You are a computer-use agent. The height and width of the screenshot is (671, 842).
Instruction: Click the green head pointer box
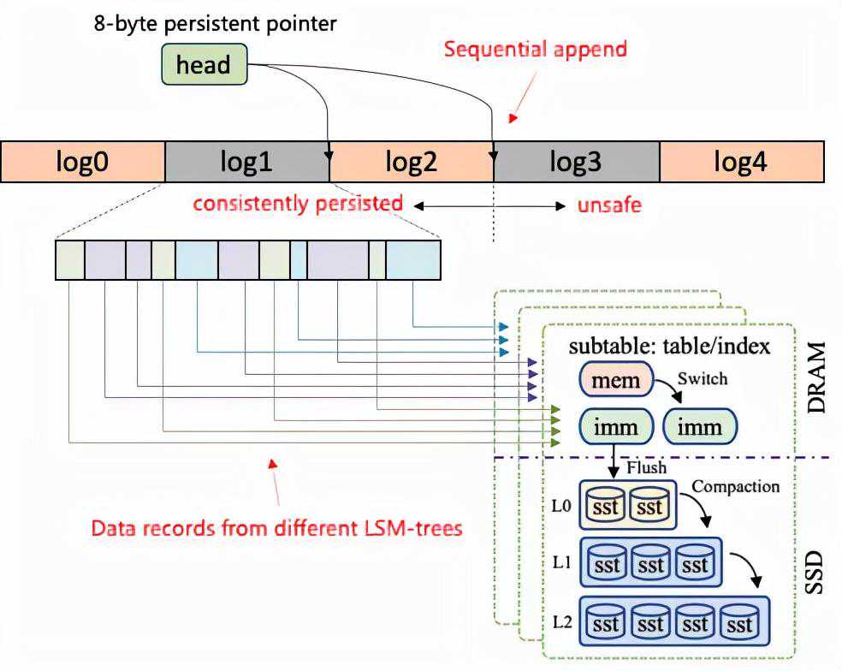click(x=204, y=64)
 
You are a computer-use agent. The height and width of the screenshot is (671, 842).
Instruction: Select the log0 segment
click(x=84, y=162)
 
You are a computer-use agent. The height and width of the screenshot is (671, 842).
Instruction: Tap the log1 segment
click(x=246, y=162)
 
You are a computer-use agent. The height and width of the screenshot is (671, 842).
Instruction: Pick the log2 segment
click(x=412, y=162)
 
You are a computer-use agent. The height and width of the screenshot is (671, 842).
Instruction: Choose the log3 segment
click(x=576, y=162)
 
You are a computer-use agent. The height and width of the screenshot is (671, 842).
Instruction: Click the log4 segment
click(x=741, y=162)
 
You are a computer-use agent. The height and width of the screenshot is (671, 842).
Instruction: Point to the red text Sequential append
click(x=536, y=49)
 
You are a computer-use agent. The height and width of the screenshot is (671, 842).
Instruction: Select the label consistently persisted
click(x=297, y=204)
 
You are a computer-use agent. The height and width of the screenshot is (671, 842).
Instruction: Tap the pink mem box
click(x=616, y=379)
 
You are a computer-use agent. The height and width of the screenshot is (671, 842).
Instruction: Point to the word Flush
click(x=647, y=468)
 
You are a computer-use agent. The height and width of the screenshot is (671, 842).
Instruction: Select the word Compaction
click(x=735, y=487)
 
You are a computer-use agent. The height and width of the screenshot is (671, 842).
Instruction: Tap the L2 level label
click(x=561, y=621)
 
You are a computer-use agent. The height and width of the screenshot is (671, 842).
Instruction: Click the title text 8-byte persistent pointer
click(x=215, y=22)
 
